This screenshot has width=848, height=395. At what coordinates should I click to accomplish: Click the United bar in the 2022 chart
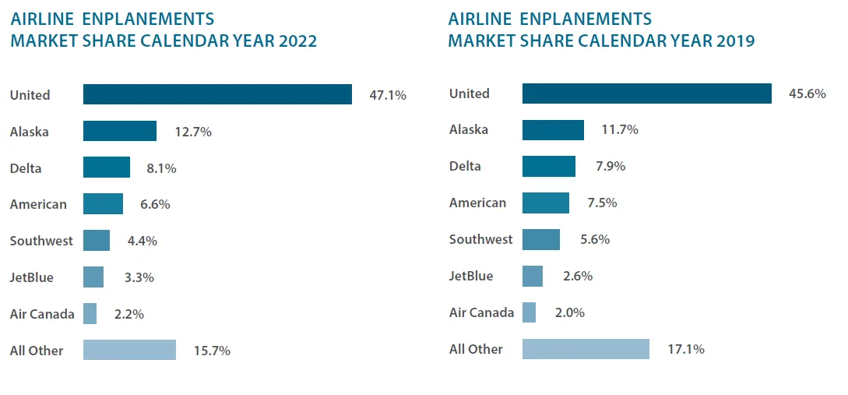point(217,94)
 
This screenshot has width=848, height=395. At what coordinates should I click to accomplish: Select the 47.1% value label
point(388,95)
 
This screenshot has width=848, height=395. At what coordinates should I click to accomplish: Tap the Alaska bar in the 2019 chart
point(553,130)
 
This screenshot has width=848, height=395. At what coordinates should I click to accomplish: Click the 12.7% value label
point(193,132)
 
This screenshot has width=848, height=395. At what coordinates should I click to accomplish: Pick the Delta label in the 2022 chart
point(26,168)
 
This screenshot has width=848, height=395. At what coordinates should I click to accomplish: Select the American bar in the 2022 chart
point(103,204)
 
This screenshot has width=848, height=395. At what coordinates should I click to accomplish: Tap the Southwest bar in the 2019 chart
point(540,239)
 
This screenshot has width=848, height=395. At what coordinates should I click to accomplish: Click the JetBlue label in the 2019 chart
point(471,276)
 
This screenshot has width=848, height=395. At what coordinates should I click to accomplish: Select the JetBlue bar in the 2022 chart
point(93,277)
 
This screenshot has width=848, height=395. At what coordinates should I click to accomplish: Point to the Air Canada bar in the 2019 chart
point(529,312)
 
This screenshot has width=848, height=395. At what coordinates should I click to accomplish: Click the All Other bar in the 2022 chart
point(129,350)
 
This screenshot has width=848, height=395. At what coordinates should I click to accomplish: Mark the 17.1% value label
point(685,349)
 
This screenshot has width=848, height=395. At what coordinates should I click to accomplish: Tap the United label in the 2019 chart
point(470,93)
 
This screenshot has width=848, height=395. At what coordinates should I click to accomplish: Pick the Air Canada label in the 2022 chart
point(42,314)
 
